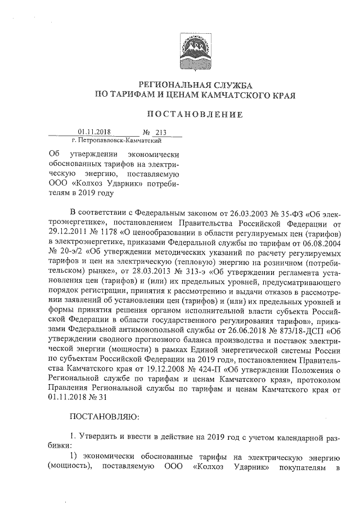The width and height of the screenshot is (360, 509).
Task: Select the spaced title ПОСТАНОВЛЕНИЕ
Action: pyautogui.click(x=195, y=115)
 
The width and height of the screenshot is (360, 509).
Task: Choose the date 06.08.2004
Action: pyautogui.click(x=309, y=242)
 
